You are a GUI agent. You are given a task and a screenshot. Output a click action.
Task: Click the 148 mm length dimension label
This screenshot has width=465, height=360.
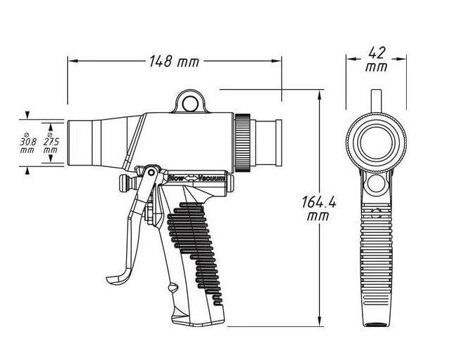point(174,62)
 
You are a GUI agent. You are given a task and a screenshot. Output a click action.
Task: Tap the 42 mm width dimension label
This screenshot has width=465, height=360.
point(377,60)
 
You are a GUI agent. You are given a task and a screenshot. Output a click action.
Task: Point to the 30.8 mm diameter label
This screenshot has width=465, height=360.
point(27,142)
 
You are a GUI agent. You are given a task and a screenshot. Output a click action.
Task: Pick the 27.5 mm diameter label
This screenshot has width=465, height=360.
point(51,142)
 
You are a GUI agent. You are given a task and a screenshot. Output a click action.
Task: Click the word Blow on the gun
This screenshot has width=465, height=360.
point(175,178)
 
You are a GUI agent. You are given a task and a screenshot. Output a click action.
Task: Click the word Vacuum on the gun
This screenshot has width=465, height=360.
point(211,178)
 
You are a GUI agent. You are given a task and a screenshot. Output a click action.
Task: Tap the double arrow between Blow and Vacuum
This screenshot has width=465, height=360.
point(191,178)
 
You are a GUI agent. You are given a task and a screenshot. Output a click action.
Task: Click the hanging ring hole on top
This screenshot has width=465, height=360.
point(190,104)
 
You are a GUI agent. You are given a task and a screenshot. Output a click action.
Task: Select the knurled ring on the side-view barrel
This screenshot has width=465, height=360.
point(243,142)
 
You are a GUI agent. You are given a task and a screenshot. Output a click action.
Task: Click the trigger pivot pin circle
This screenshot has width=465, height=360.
point(151,173)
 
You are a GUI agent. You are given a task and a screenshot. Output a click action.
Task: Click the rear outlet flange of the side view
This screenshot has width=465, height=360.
point(278,142)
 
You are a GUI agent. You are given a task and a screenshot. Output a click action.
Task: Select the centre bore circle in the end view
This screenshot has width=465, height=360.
point(377,142)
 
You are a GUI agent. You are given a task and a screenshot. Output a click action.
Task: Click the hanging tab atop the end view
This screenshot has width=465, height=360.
point(377,101)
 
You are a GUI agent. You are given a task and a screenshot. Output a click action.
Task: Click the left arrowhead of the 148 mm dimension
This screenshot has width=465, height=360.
point(73,61)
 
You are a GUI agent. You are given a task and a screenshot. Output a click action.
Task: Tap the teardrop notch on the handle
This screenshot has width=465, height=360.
point(173,288)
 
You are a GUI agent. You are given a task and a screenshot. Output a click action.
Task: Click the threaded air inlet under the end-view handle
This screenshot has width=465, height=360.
point(376,324)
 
